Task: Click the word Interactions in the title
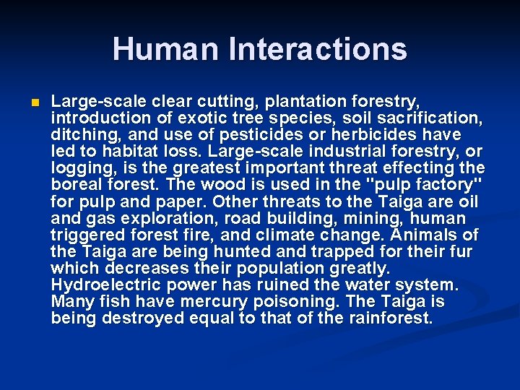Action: pyautogui.click(x=318, y=49)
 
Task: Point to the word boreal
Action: pyautogui.click(x=78, y=185)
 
